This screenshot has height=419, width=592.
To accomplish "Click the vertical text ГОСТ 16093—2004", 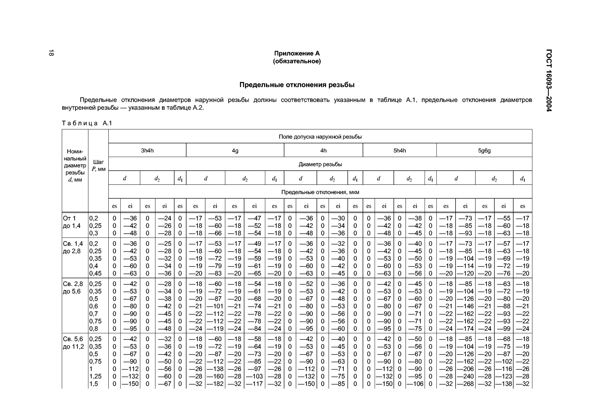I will tap(549, 80).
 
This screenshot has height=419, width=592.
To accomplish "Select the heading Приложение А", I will tap(297, 53).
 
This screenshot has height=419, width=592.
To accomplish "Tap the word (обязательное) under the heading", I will tap(297, 61).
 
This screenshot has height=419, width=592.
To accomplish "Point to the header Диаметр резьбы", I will tap(320, 164).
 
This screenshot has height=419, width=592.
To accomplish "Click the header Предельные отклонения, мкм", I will tap(320, 192).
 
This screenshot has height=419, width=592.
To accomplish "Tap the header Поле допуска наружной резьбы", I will tap(320, 137).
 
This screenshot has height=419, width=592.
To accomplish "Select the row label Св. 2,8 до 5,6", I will tap(73, 288).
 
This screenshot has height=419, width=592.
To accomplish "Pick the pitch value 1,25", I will tap(95, 376).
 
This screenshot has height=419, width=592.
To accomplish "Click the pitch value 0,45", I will tap(95, 273).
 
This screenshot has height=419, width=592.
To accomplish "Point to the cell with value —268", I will tap(465, 384).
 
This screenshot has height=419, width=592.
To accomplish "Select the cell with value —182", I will tap(215, 384).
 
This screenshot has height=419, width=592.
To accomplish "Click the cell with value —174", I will tap(465, 328).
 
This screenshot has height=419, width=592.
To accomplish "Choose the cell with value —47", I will tap(255, 218).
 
